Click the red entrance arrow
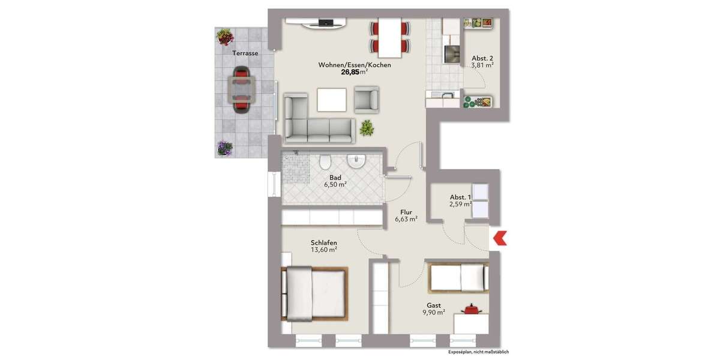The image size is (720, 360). [499, 238]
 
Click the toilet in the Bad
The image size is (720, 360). [325, 162]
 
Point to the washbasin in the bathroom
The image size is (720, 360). [356, 161]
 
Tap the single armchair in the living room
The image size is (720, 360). [367, 100]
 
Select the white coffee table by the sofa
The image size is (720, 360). [332, 100]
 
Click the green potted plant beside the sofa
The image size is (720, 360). [366, 127]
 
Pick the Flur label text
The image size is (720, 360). [406, 212]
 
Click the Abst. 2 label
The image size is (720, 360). [482, 58]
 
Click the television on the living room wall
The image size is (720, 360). [325, 23]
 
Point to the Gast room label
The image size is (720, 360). [433, 305]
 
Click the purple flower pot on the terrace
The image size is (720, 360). [224, 148]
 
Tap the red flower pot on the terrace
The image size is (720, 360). [225, 37]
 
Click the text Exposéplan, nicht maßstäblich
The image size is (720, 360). [478, 352]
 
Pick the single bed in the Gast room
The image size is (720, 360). [458, 277]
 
